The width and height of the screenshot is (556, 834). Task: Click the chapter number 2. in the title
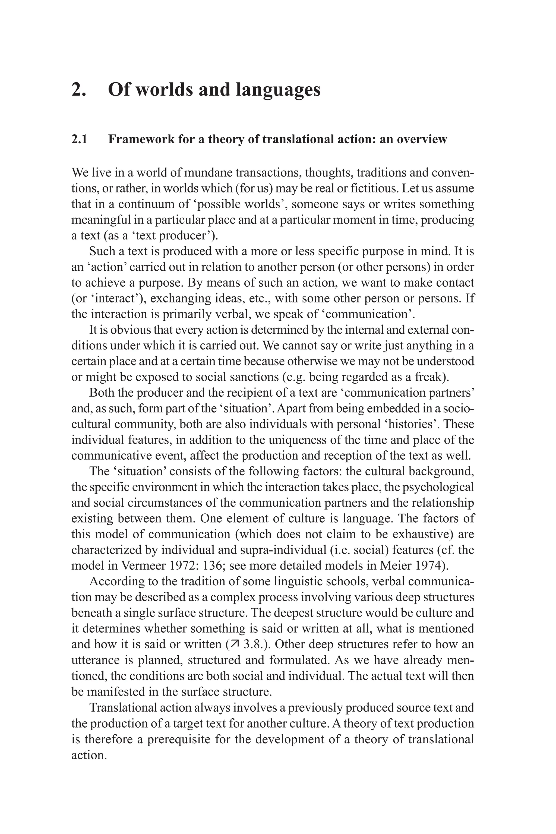click(x=79, y=89)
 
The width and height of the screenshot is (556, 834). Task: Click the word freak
click(x=432, y=377)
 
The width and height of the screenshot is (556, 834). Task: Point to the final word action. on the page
click(x=89, y=755)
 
